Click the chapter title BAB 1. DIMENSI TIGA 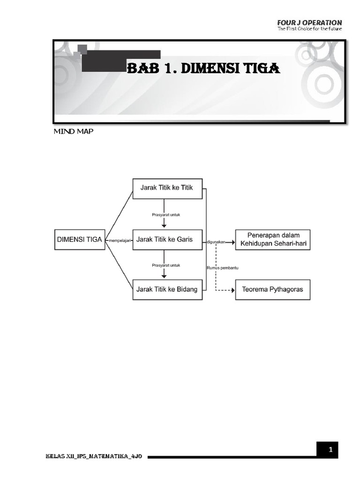click(x=204, y=70)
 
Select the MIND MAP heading click(x=73, y=132)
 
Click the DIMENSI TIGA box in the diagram click(x=79, y=239)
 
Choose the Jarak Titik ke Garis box click(x=167, y=239)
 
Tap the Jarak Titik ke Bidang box click(x=167, y=289)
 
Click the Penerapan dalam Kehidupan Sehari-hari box click(x=272, y=239)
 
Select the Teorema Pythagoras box click(x=272, y=290)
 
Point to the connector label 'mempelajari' click(x=119, y=241)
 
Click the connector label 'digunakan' click(x=215, y=242)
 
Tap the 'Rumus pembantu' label click(x=219, y=268)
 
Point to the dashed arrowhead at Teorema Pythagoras click(x=232, y=290)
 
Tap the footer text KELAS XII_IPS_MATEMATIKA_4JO click(x=94, y=456)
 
